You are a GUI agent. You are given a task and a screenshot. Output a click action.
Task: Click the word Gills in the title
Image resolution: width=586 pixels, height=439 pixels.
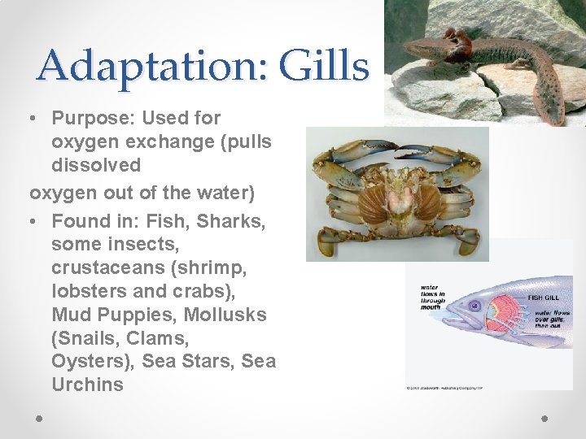click(324, 65)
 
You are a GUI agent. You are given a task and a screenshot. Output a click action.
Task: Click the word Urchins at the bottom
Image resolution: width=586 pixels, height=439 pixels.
click(87, 385)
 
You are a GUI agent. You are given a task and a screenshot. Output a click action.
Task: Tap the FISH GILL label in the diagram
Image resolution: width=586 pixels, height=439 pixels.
click(546, 298)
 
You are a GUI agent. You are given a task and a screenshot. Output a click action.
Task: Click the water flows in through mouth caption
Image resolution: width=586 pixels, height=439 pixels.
click(432, 298)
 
